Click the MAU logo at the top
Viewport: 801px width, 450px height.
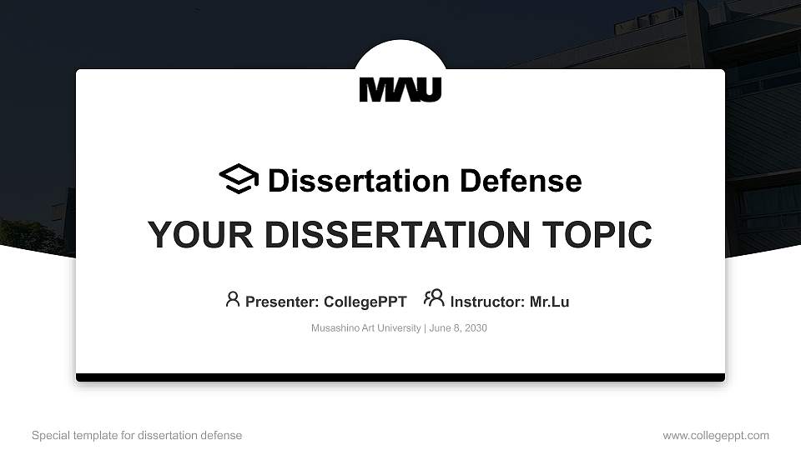click(x=400, y=89)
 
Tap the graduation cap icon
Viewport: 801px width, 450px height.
click(x=239, y=179)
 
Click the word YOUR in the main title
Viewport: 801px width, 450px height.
click(x=188, y=235)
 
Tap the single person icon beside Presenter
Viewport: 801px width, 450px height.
click(x=233, y=299)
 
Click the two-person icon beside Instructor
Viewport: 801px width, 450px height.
click(x=434, y=298)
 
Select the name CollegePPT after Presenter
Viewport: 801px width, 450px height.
click(x=365, y=302)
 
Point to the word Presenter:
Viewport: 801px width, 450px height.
click(x=281, y=302)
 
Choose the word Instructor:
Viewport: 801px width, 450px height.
click(x=487, y=302)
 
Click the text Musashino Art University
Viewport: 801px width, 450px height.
click(x=365, y=328)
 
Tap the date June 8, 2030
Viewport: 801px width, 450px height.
click(x=458, y=328)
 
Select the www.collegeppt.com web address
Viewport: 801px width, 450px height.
click(x=716, y=436)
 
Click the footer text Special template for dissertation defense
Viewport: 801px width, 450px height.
click(x=137, y=436)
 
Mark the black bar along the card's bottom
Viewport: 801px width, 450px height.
click(x=400, y=377)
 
